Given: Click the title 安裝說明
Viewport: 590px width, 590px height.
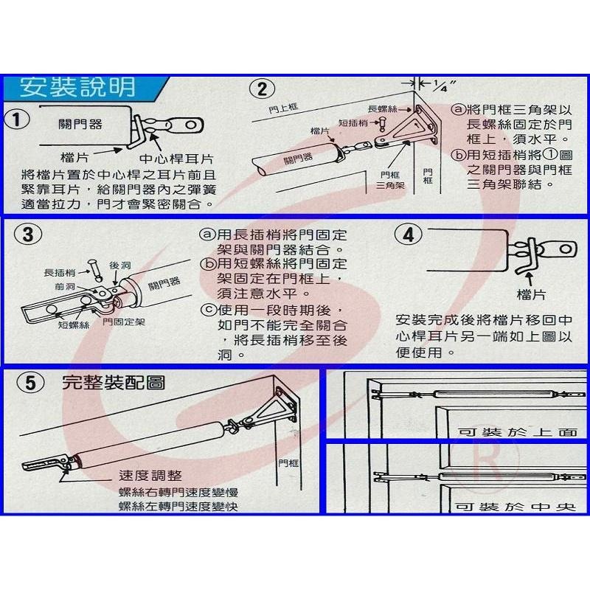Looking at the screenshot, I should coord(77,88).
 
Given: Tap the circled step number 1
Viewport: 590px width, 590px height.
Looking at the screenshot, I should coord(18,118).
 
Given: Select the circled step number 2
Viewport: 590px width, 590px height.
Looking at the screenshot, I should coord(260,90).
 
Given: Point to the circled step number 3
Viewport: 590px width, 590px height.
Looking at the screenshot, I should coord(27,235).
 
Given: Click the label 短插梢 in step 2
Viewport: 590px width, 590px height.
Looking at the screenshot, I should coord(352,123).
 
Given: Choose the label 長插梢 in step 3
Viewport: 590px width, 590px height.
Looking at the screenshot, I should coord(58,273).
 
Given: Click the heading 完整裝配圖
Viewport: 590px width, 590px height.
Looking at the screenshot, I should coord(114,382).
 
